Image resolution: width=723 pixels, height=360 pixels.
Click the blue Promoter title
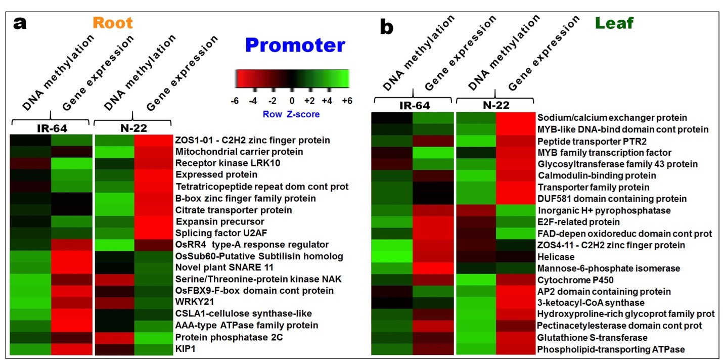(295, 46)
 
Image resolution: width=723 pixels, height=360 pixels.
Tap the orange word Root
(113, 23)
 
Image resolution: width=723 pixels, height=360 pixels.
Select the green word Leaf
(614, 23)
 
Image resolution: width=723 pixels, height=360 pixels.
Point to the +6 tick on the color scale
(347, 101)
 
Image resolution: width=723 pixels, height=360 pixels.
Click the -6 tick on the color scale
(235, 101)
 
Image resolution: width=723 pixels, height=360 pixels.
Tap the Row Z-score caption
(291, 114)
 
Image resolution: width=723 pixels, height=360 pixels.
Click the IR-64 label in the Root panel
(52, 128)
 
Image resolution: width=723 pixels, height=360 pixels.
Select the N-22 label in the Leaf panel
(496, 105)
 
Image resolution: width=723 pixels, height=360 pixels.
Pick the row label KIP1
(185, 349)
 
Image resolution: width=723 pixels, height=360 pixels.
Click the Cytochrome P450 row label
(575, 280)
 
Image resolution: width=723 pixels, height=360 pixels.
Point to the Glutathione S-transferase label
(592, 338)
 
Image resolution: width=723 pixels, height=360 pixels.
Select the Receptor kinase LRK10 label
(228, 163)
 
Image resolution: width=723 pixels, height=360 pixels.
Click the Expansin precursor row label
(219, 222)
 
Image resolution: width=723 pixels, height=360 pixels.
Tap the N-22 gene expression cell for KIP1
(153, 349)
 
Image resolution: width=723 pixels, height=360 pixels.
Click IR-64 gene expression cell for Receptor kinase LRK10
(72, 163)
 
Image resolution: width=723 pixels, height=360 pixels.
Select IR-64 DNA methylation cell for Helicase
(392, 257)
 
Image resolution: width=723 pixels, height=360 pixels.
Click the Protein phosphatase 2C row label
(229, 337)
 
